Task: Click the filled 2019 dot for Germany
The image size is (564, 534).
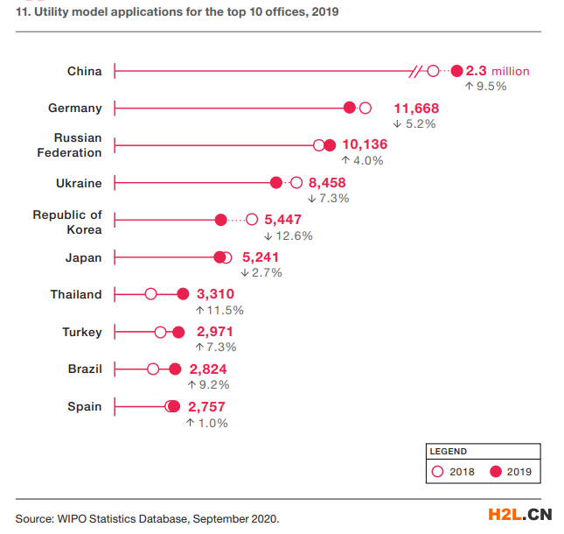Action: (350, 108)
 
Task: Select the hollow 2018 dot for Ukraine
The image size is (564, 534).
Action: (296, 183)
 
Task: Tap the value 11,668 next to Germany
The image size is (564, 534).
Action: (416, 108)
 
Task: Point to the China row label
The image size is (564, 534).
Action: (84, 71)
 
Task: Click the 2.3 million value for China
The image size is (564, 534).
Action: (497, 71)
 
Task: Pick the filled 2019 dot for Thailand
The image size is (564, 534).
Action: (183, 294)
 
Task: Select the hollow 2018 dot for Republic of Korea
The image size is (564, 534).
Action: (252, 220)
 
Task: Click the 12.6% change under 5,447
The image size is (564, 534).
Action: (289, 235)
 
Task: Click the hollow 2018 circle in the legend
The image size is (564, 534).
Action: (438, 473)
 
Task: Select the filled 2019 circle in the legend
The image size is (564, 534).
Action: (496, 473)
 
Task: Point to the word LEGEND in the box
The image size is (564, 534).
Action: (448, 452)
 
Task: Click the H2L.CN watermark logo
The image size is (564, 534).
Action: (519, 514)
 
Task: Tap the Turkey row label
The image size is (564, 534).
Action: (82, 332)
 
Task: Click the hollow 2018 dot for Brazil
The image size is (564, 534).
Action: (153, 369)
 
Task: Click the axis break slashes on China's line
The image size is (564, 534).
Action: (417, 71)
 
